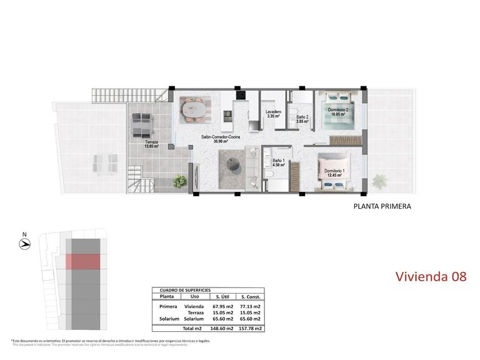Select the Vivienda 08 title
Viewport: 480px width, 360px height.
click(431, 276)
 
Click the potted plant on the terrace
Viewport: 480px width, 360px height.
click(180, 181)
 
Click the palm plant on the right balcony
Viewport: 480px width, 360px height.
click(379, 181)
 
